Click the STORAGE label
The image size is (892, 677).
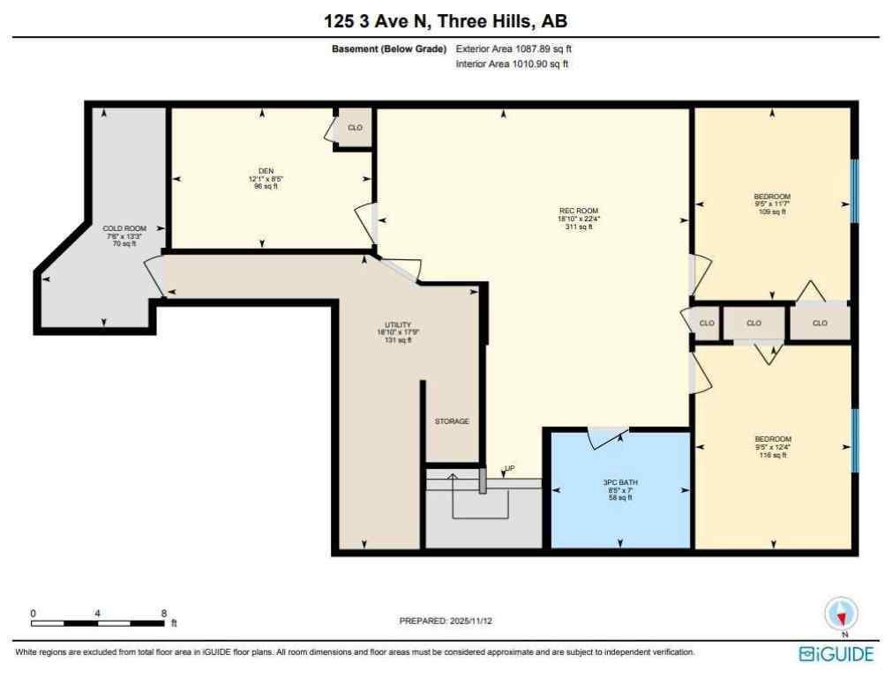452,421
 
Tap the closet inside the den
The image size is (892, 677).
355,129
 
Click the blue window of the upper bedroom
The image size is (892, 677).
853,190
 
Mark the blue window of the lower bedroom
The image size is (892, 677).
853,440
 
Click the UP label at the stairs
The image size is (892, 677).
509,468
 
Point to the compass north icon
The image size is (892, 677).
841,614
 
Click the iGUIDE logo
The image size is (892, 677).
836,653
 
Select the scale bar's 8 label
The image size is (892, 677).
164,613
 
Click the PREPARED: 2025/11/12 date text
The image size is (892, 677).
446,621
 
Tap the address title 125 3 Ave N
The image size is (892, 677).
446,20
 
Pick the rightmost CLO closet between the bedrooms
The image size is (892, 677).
820,324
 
